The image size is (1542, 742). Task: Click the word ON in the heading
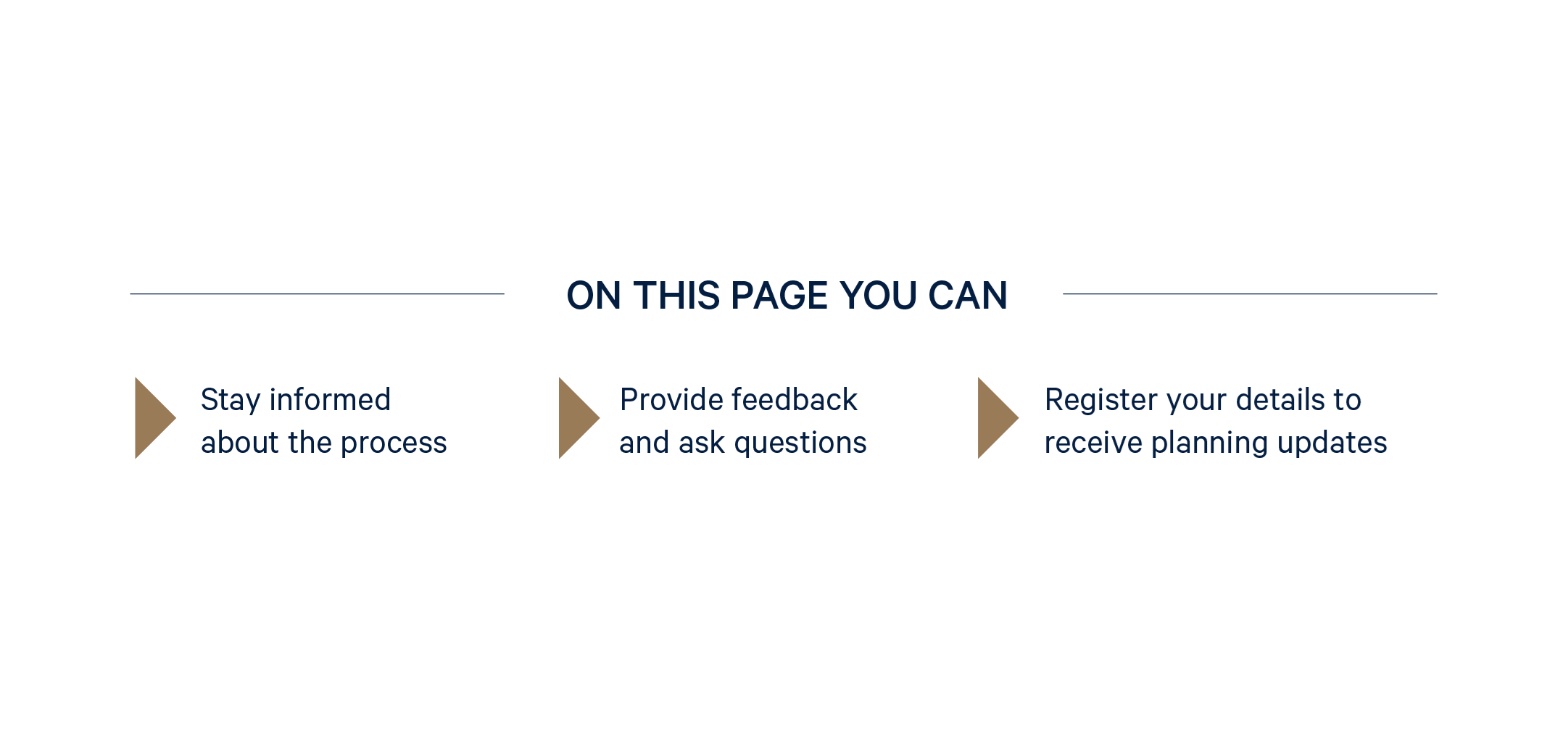(x=594, y=296)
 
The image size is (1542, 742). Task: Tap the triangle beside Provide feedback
(x=579, y=418)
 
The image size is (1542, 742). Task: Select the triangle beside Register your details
(x=998, y=418)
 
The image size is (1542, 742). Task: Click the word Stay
(x=230, y=401)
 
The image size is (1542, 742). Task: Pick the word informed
(x=330, y=399)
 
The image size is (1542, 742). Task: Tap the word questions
(x=800, y=443)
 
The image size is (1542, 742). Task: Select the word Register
(x=1101, y=401)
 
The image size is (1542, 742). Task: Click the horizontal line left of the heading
(x=317, y=293)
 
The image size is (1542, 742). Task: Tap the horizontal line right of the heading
(x=1250, y=293)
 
